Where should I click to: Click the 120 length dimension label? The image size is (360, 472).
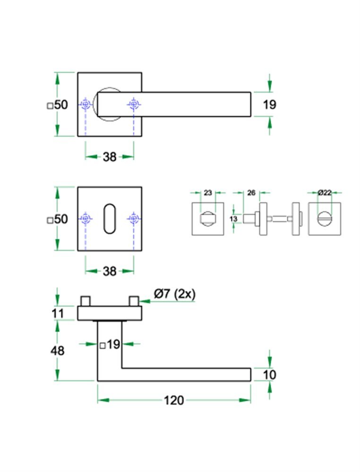173,401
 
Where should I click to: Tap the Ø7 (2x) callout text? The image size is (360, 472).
174,294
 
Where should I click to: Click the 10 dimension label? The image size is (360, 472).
269,375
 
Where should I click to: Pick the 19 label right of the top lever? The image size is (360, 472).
269,104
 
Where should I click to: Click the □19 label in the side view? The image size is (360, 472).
110,345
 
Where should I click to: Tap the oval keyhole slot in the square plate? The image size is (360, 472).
110,219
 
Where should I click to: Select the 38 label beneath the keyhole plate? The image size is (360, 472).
109,271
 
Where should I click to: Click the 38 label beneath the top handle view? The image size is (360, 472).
109,157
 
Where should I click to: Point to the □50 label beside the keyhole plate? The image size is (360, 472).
58,219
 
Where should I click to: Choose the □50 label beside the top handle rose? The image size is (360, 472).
58,105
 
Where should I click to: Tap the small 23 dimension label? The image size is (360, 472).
207,193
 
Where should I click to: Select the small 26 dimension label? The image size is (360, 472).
251,193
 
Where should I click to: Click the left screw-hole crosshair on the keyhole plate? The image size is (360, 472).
86,219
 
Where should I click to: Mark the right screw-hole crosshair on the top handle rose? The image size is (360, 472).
134,104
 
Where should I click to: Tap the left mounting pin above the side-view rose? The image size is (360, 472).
86,301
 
